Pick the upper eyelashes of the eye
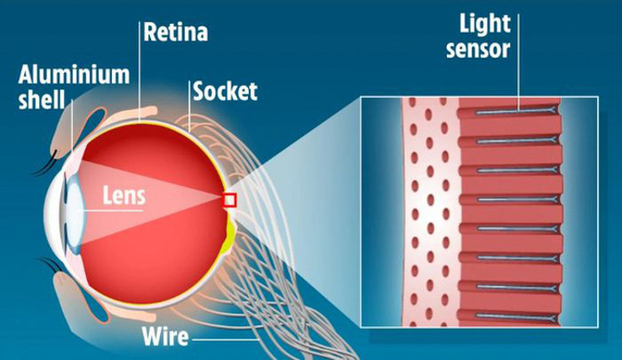click(44, 164)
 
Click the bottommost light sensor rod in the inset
click(515, 316)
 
